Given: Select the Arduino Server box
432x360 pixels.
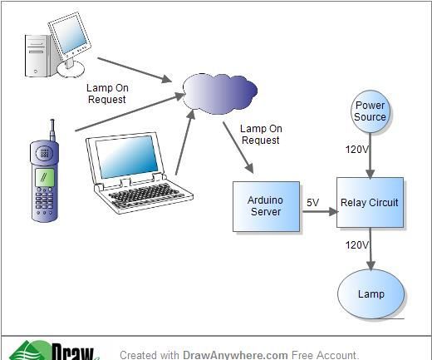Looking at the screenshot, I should [x=266, y=205].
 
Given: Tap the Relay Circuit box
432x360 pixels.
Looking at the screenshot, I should [x=370, y=202].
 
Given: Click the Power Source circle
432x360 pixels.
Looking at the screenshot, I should [x=370, y=111].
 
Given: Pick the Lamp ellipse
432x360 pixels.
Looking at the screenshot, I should [x=371, y=293].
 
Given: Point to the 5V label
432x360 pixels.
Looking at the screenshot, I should [x=312, y=202].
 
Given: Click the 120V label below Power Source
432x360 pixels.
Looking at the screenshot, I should [x=357, y=150].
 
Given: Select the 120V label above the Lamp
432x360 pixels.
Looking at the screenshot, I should [x=357, y=245].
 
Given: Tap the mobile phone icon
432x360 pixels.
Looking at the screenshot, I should [x=46, y=179].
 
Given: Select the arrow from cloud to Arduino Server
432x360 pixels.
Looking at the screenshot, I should [x=237, y=147].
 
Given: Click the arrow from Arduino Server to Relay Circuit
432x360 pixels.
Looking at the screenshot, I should [x=318, y=212].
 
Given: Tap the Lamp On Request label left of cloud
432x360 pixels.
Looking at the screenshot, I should [x=106, y=93].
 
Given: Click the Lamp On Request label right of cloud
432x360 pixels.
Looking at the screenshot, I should [x=261, y=135].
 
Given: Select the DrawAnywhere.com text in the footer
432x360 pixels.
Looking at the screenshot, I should [x=235, y=355].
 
